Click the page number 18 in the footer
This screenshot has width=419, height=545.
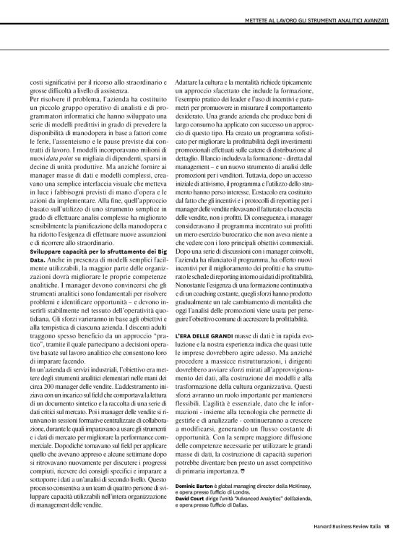click(x=387, y=525)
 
